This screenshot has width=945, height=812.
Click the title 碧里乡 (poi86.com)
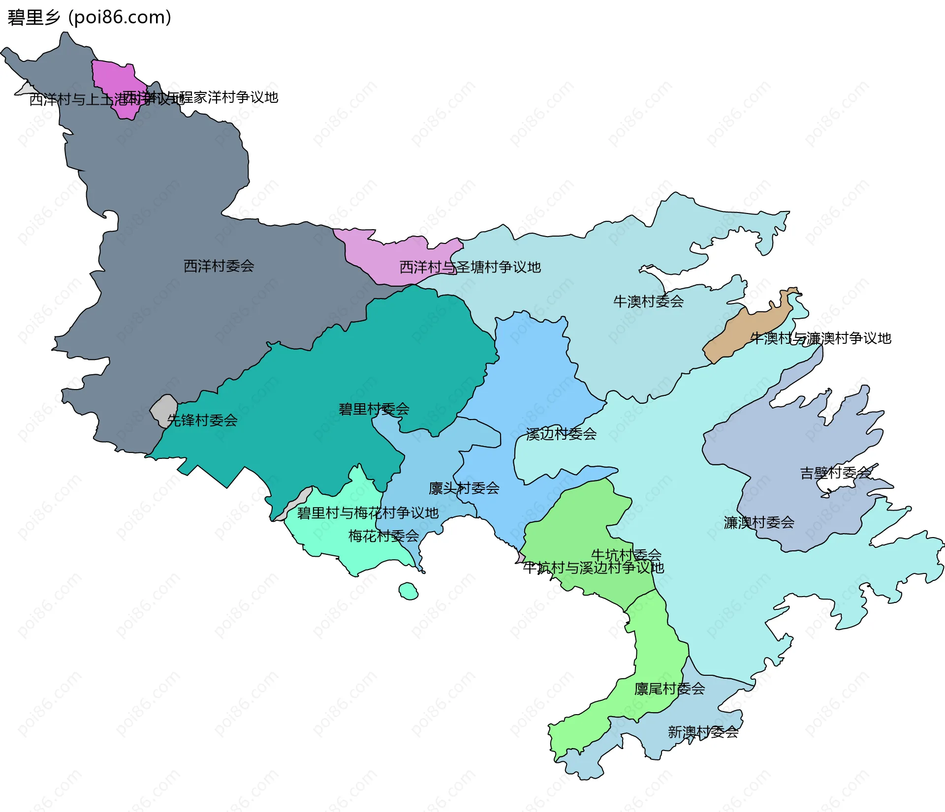[x=89, y=17]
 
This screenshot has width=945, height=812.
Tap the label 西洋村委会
[x=219, y=266]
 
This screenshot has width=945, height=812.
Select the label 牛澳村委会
[x=648, y=301]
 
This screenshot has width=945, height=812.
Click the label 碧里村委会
[x=374, y=409]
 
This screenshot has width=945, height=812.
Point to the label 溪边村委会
[x=561, y=434]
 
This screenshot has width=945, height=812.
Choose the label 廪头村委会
[x=464, y=488]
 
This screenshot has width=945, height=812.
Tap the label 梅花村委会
[x=383, y=536]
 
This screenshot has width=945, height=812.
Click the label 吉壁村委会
[x=835, y=473]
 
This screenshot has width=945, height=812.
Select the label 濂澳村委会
[x=758, y=522]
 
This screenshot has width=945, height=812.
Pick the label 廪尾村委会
[x=669, y=689]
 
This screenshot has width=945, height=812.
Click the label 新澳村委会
[x=703, y=732]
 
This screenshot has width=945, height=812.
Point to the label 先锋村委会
[x=202, y=420]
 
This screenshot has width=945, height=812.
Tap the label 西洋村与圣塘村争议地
[x=470, y=267]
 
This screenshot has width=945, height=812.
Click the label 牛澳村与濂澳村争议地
[x=820, y=338]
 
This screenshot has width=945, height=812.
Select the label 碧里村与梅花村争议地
[x=367, y=513]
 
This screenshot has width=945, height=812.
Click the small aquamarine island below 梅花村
[x=408, y=591]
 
